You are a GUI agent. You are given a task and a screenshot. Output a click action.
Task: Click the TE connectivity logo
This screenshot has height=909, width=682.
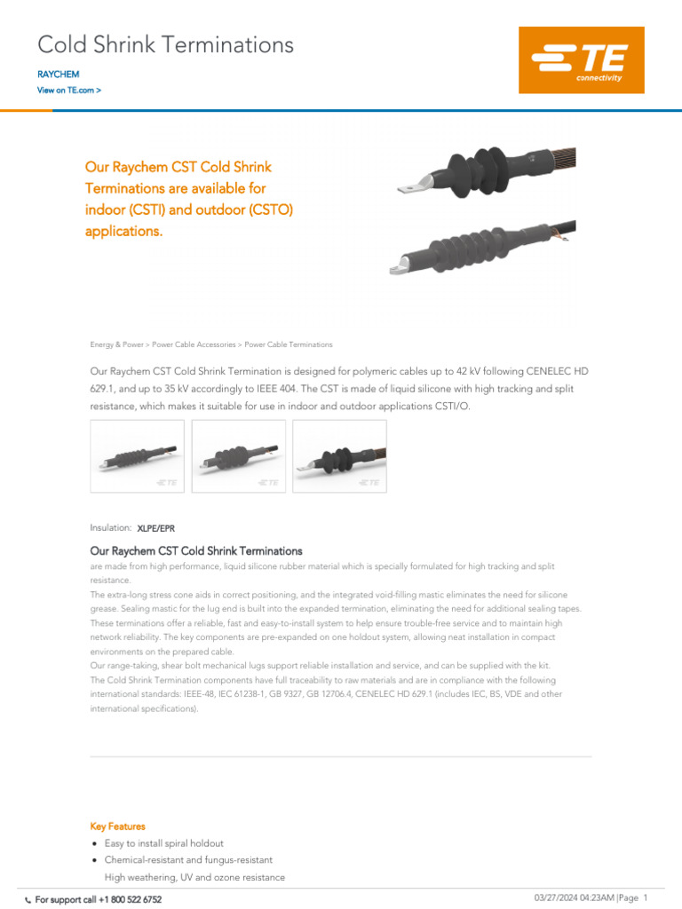581,60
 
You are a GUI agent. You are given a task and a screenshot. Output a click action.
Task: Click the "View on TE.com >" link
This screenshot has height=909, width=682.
68,91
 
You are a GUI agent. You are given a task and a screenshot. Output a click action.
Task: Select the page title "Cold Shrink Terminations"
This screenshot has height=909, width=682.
165,44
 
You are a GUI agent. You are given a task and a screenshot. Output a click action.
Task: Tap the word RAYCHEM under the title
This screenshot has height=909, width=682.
58,75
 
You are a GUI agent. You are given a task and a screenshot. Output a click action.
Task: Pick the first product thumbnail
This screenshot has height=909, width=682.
138,456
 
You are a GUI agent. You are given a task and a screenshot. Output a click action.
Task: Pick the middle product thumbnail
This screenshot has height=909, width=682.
239,456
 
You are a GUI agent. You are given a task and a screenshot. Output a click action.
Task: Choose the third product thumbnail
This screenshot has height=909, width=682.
339,456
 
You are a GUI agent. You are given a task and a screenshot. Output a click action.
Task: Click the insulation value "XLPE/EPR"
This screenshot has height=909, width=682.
155,529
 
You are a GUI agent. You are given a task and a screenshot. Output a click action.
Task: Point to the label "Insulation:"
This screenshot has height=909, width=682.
111,528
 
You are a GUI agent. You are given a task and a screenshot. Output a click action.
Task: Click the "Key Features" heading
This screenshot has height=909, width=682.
117,826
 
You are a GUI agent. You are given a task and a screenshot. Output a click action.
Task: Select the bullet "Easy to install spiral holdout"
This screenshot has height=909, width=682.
164,843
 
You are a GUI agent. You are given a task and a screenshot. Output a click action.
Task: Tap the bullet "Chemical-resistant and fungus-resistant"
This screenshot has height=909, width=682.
188,860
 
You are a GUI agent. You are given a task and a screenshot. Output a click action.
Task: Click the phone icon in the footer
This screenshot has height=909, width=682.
28,900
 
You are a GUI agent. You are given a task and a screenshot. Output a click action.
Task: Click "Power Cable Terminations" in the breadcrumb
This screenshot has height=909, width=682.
289,344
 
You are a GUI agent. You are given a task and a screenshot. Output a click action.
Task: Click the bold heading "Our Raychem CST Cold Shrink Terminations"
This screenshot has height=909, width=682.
196,551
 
